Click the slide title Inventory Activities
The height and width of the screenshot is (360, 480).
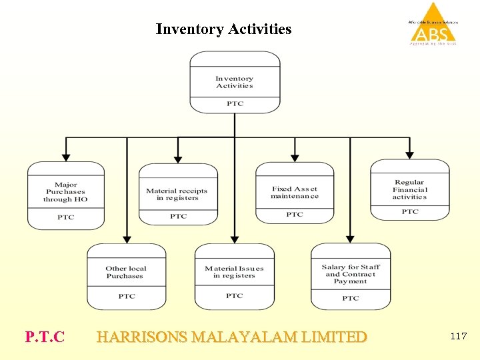click(223, 29)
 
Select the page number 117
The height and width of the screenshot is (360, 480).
click(459, 336)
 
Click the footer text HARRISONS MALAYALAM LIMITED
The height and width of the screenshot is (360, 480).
click(231, 337)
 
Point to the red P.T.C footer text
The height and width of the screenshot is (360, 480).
click(45, 337)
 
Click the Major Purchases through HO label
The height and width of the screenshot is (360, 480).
click(65, 192)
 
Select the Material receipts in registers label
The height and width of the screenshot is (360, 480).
click(177, 194)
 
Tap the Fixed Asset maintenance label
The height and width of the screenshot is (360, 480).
click(295, 193)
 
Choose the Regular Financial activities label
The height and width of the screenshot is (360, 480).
click(409, 189)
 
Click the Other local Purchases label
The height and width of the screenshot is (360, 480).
click(125, 272)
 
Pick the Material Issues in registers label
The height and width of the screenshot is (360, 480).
click(234, 272)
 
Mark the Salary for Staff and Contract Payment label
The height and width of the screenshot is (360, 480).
click(351, 274)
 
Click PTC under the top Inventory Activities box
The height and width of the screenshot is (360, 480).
click(235, 104)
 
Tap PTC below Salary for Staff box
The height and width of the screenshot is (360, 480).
click(351, 298)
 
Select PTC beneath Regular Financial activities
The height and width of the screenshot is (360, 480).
click(409, 212)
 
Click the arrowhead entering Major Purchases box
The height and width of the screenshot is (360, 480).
click(65, 157)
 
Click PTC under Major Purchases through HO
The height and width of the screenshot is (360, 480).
click(65, 217)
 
